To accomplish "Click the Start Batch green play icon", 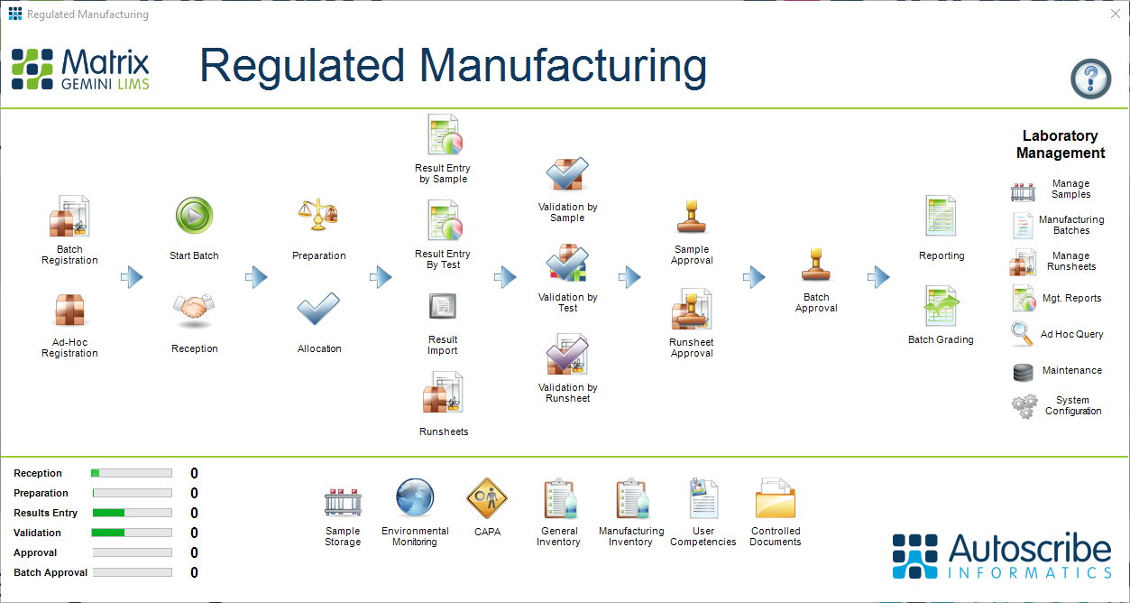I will coord(194,217).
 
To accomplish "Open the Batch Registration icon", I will coord(69,217).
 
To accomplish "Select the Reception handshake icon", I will coord(194,311).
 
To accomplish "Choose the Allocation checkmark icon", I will coord(318,311).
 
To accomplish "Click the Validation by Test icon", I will coord(567,264).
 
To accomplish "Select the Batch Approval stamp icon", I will coord(816,266).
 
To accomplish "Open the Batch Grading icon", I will coord(941,307).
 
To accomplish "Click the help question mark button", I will coord(1090,79).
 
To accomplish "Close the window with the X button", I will coord(1115,14).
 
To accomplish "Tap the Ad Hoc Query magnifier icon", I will coord(1023,334).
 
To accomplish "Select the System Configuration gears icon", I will coord(1024,406).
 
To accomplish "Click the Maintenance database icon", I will coord(1023,371).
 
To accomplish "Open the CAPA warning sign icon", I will coord(487,498).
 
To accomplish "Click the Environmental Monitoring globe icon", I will coord(415,498).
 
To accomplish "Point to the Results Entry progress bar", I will coord(132,513).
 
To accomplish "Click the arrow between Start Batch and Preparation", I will coord(257,277).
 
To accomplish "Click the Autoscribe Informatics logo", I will coord(1002,555).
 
